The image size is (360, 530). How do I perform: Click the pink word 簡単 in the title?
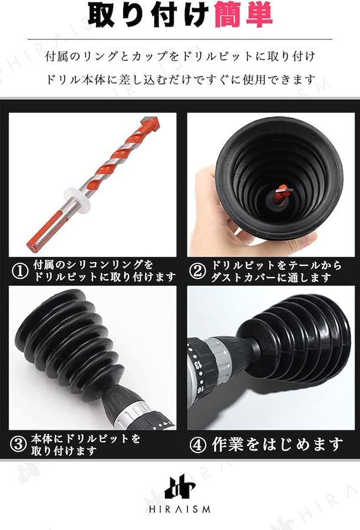point(243,15)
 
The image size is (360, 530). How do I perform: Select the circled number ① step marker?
point(20,271)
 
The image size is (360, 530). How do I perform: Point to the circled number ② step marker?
point(197,271)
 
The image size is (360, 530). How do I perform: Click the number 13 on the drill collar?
point(197,365)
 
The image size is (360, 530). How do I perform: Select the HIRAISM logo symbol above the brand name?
point(180,487)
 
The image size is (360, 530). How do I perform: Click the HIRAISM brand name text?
point(180,509)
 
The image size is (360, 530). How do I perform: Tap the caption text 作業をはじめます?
point(278,445)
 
